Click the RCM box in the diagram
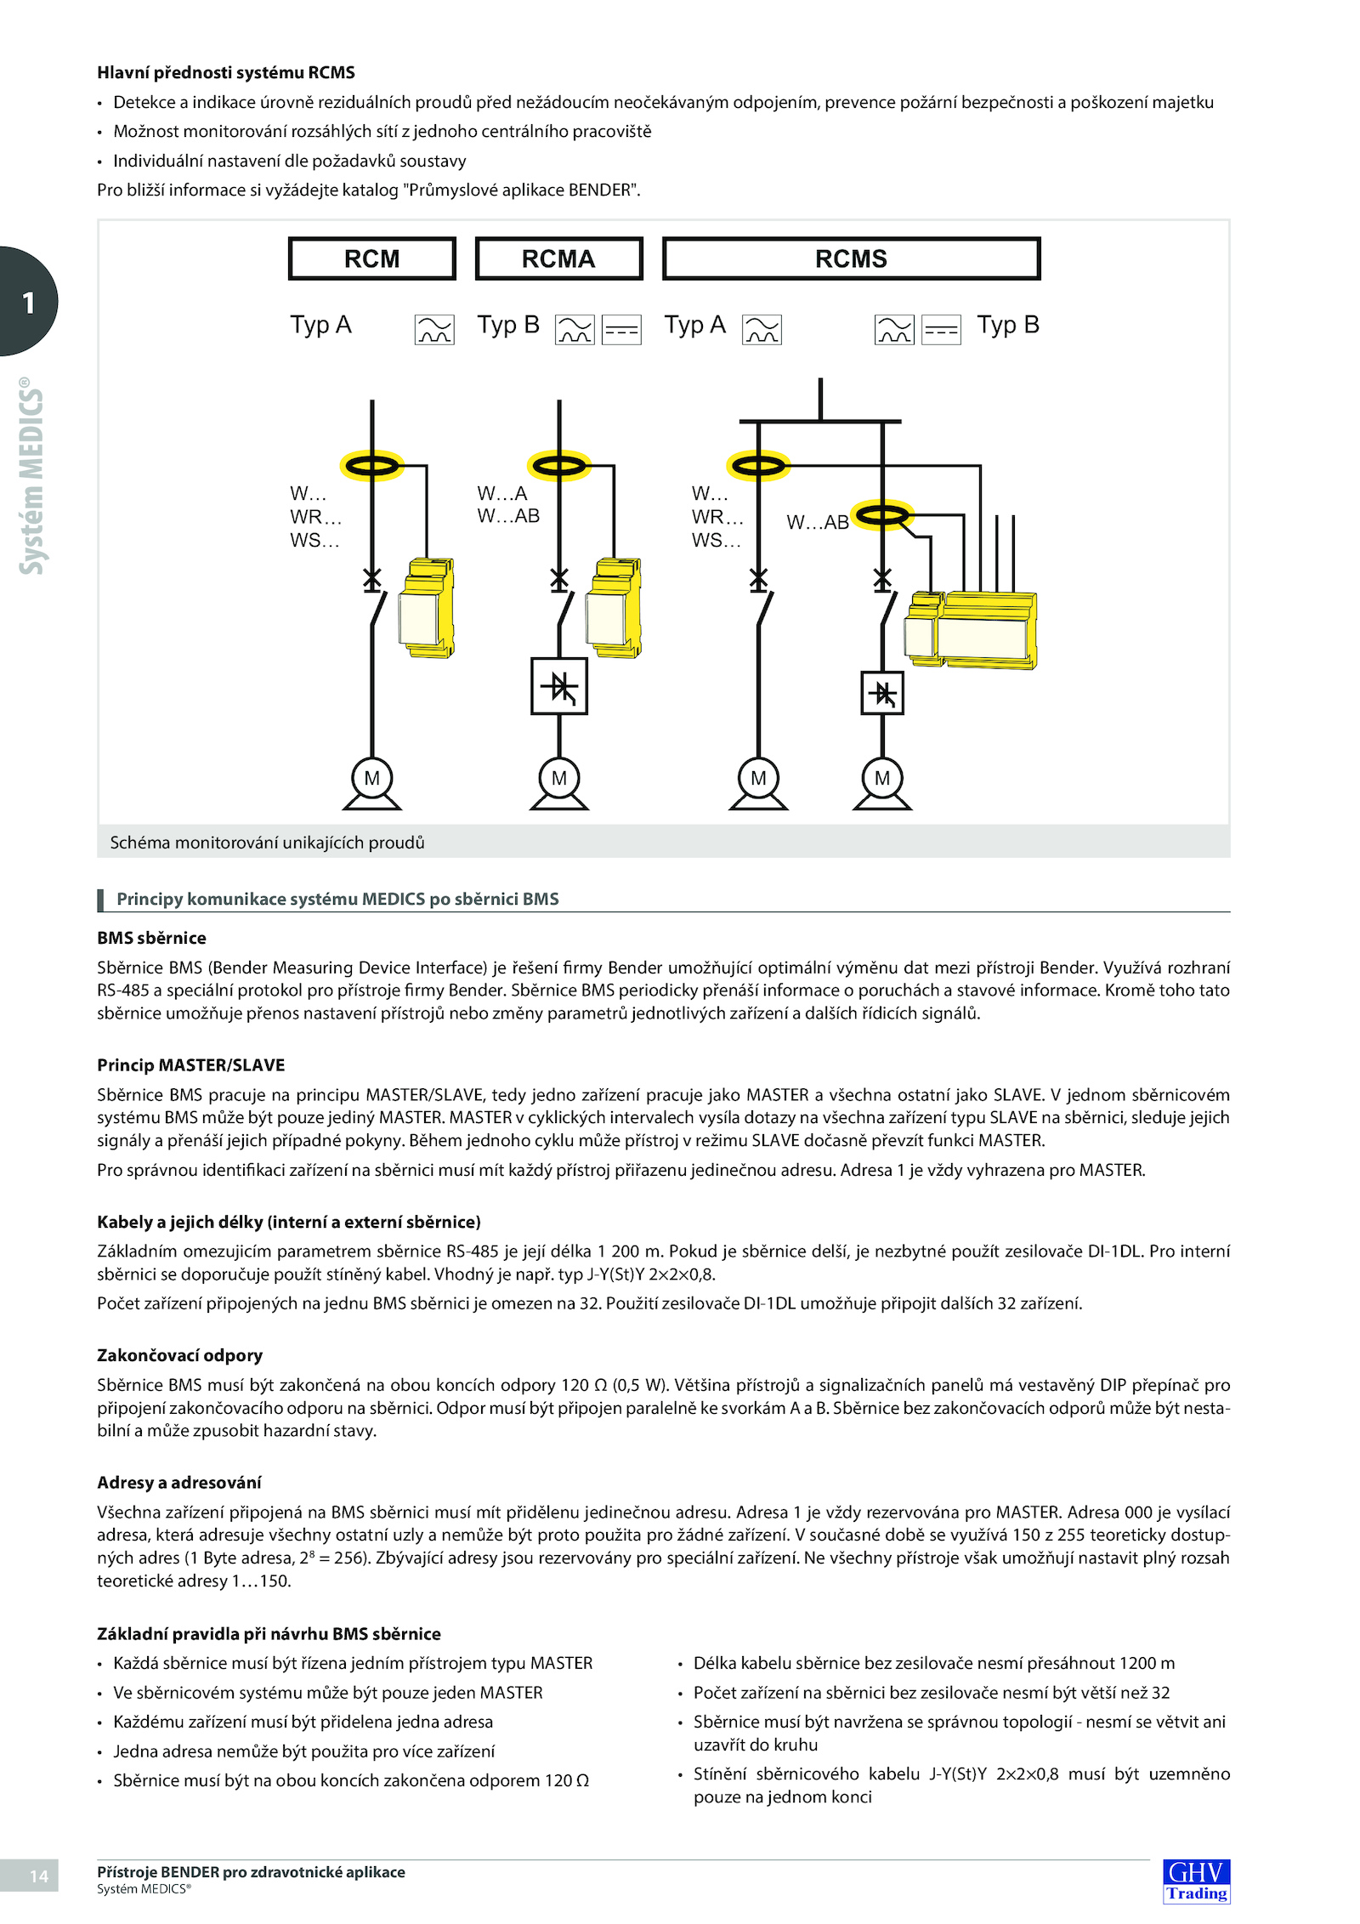371,258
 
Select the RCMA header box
558,258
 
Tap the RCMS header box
851,258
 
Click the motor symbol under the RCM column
371,779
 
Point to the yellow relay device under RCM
428,607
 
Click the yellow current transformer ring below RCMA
558,465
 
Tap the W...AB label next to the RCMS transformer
817,522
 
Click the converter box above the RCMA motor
558,686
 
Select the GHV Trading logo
1196,1881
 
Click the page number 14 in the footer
38,1876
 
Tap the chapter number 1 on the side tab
29,303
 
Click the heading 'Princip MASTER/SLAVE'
190,1064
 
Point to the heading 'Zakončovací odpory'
179,1355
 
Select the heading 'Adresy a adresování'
178,1482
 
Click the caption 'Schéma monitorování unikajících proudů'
267,842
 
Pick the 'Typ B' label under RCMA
507,325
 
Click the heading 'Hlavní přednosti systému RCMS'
225,72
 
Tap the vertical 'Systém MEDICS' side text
31,476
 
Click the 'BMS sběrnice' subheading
151,938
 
